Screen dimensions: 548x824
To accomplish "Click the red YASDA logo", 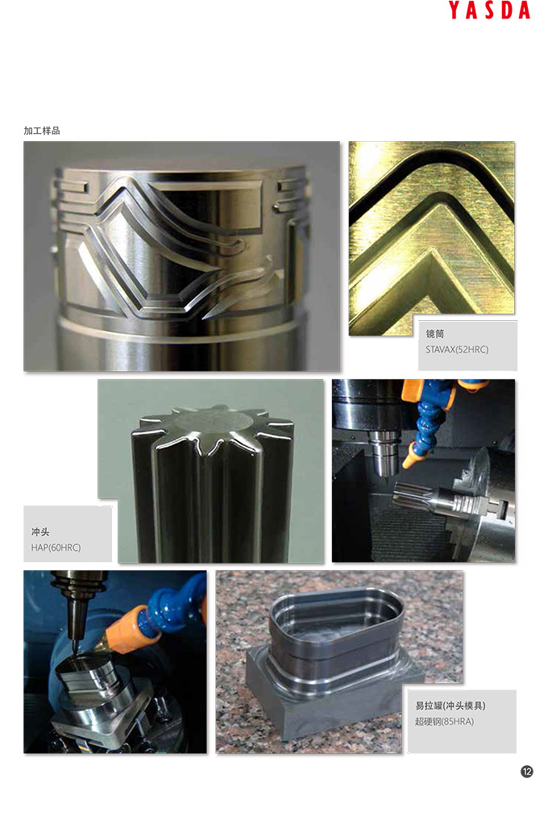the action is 489,10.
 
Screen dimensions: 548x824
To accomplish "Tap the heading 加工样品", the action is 42,131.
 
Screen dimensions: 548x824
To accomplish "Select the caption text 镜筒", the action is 435,334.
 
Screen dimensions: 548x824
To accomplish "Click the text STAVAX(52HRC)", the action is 457,349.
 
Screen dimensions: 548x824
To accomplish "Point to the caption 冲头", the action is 40,532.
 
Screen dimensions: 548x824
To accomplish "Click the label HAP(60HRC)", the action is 56,547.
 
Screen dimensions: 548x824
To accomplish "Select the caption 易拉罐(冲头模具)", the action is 450,705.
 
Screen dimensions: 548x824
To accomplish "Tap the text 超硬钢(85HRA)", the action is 445,722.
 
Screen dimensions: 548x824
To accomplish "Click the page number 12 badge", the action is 526,772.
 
